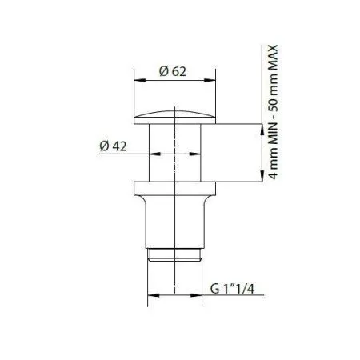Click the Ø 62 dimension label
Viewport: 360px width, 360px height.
point(174,72)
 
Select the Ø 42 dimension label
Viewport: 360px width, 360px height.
point(114,146)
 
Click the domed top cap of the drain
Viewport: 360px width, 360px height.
point(174,115)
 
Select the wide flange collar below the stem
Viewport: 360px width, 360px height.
point(174,190)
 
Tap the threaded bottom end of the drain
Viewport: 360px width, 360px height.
point(174,255)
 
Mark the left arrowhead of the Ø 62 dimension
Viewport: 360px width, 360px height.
point(136,81)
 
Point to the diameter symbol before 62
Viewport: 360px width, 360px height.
point(163,72)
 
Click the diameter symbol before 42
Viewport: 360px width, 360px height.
point(104,146)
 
